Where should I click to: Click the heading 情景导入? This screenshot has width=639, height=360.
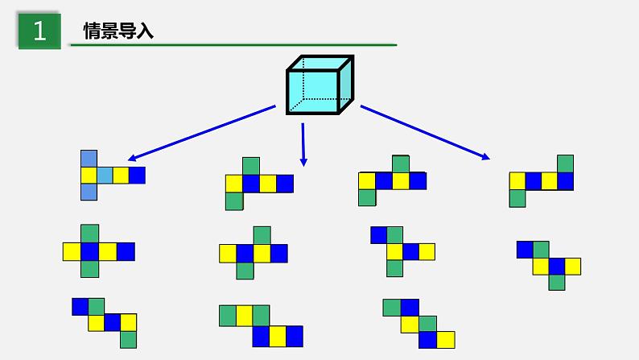(x=118, y=31)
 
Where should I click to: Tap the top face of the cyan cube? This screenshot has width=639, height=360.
(x=320, y=63)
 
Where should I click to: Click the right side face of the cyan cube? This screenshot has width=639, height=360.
(x=345, y=85)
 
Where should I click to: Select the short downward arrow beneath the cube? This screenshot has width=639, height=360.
(x=303, y=145)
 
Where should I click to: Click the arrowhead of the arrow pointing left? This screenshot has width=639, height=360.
(x=134, y=158)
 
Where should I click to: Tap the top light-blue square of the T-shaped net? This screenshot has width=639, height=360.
(x=89, y=159)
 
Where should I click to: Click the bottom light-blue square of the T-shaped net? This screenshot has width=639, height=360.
(x=89, y=192)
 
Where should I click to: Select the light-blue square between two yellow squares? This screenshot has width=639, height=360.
(x=105, y=175)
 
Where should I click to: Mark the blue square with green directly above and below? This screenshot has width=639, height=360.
(x=89, y=251)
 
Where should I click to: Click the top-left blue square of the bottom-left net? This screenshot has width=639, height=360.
(x=80, y=306)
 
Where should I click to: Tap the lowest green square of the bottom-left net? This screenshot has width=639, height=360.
(x=128, y=339)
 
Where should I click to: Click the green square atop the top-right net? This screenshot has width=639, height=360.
(x=565, y=163)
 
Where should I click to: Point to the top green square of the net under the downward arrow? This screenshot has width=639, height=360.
(x=250, y=166)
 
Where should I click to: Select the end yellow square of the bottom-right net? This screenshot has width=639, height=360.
(x=446, y=339)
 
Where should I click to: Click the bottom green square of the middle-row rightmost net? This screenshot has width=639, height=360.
(x=556, y=282)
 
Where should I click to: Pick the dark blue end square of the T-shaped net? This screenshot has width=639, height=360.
(x=137, y=175)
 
